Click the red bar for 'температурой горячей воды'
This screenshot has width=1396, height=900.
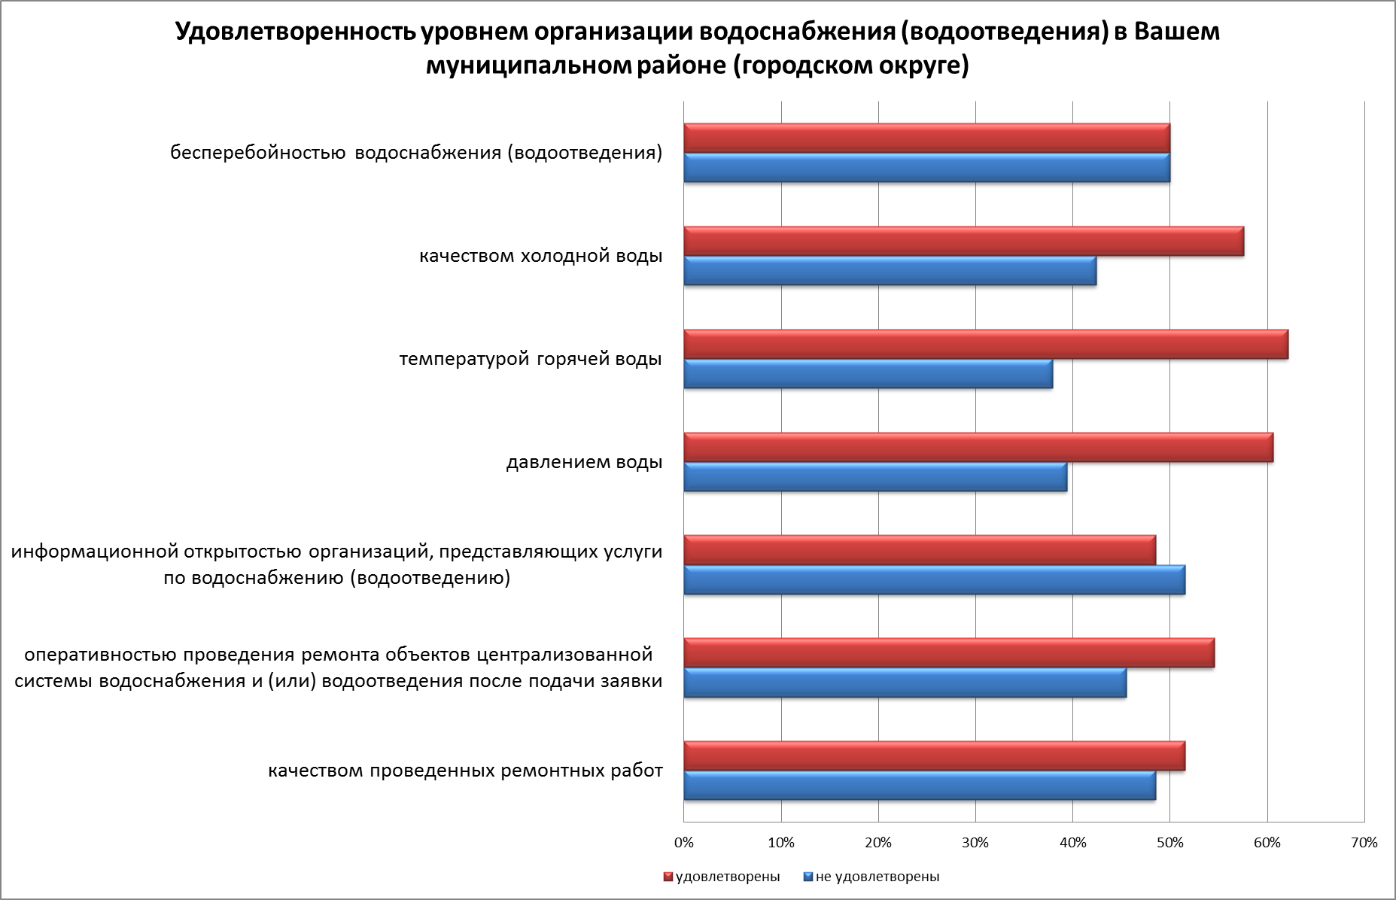(x=986, y=345)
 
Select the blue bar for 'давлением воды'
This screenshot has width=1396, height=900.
(x=875, y=477)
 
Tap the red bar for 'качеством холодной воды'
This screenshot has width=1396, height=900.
(x=963, y=242)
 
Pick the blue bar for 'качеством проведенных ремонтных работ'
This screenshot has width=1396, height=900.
(x=920, y=786)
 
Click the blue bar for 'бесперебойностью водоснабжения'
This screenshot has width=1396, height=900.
(x=926, y=168)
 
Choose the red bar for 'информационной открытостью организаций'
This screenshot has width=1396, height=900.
(x=920, y=550)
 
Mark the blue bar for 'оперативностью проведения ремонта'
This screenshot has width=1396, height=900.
(x=905, y=683)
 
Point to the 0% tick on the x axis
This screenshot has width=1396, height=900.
(x=684, y=843)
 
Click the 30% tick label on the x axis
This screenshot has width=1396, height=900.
(x=975, y=843)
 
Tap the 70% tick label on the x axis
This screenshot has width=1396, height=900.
(x=1364, y=843)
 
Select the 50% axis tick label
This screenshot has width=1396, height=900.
(x=1169, y=843)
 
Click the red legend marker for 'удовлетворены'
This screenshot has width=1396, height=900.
(x=668, y=877)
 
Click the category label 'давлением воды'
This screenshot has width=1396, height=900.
(x=584, y=462)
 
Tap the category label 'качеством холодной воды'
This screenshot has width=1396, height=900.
(x=540, y=256)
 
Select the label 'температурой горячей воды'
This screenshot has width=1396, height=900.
(x=531, y=359)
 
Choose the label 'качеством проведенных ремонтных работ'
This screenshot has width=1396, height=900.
(x=465, y=771)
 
